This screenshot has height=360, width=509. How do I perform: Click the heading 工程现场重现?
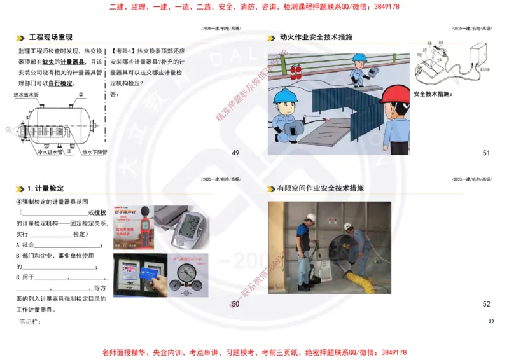[x=51, y=37]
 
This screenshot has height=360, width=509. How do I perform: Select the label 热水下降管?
[x=94, y=153]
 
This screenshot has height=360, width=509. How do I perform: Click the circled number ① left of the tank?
[x=8, y=129]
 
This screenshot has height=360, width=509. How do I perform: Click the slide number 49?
[x=235, y=153]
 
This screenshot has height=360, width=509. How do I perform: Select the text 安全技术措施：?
[x=433, y=94]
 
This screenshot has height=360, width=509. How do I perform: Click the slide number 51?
[x=487, y=153]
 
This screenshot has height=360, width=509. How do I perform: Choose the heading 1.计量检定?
[x=45, y=189]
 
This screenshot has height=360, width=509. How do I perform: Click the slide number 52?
[x=487, y=304]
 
